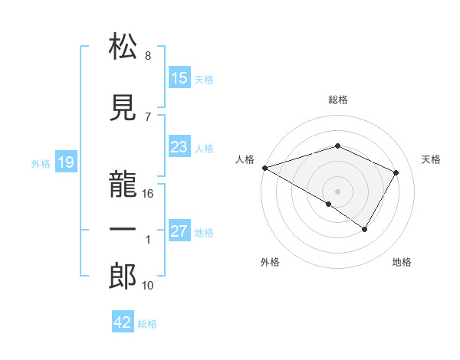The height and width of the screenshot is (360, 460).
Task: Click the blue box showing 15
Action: [179, 79]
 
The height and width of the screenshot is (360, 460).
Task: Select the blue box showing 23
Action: [179, 148]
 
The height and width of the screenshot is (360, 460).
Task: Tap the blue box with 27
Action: [179, 232]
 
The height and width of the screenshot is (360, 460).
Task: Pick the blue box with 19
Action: [65, 162]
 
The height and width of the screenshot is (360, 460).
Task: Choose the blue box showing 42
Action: [123, 322]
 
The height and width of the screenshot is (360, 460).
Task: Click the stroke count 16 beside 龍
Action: [149, 194]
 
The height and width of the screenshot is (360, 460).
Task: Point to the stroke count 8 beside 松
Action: [148, 56]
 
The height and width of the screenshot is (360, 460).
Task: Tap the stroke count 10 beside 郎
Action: [149, 286]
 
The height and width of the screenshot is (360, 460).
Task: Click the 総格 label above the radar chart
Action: [338, 100]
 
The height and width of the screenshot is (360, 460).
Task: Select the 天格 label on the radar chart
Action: [432, 159]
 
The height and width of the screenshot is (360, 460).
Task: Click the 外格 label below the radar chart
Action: [270, 262]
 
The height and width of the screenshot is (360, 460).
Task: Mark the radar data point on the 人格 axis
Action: [264, 167]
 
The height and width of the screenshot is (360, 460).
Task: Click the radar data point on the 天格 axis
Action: [396, 172]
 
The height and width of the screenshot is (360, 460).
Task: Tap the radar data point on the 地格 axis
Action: [365, 229]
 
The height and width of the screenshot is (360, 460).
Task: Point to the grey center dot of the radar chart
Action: [337, 191]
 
